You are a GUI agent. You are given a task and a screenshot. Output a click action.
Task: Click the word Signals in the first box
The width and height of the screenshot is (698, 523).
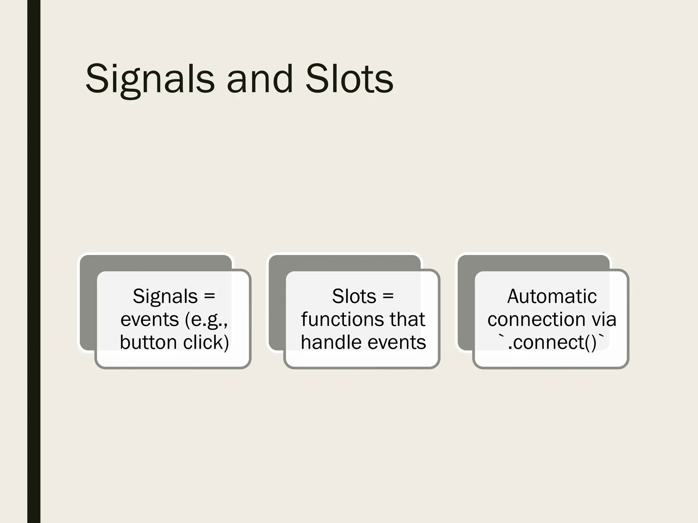[x=165, y=296]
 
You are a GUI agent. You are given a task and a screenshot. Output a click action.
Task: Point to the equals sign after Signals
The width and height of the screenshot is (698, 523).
[x=209, y=296]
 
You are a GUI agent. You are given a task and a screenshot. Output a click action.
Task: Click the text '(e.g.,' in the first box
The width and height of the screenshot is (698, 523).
[x=206, y=319]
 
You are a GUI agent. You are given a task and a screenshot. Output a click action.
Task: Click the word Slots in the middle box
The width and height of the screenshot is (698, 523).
[x=354, y=296]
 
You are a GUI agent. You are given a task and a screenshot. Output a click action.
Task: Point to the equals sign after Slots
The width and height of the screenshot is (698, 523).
[x=388, y=296]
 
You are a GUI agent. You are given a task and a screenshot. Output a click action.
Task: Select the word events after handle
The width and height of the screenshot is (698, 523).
[x=396, y=342]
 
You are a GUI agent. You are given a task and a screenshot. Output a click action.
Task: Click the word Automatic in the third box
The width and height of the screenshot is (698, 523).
[x=552, y=296]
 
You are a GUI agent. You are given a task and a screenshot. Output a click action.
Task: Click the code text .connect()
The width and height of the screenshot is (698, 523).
[x=552, y=342]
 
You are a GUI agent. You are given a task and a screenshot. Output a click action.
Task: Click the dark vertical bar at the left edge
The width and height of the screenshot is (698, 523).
[x=34, y=261]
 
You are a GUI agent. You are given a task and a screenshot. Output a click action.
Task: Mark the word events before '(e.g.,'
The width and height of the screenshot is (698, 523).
[x=150, y=319]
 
